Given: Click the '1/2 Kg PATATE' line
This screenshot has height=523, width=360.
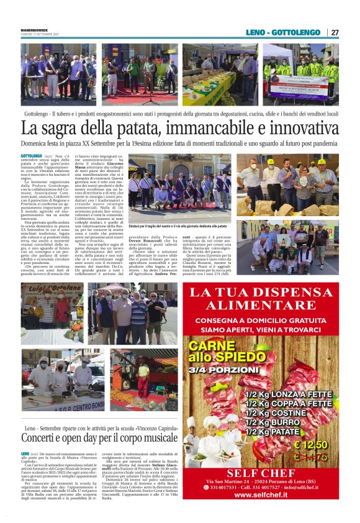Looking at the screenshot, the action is tap(280, 432).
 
